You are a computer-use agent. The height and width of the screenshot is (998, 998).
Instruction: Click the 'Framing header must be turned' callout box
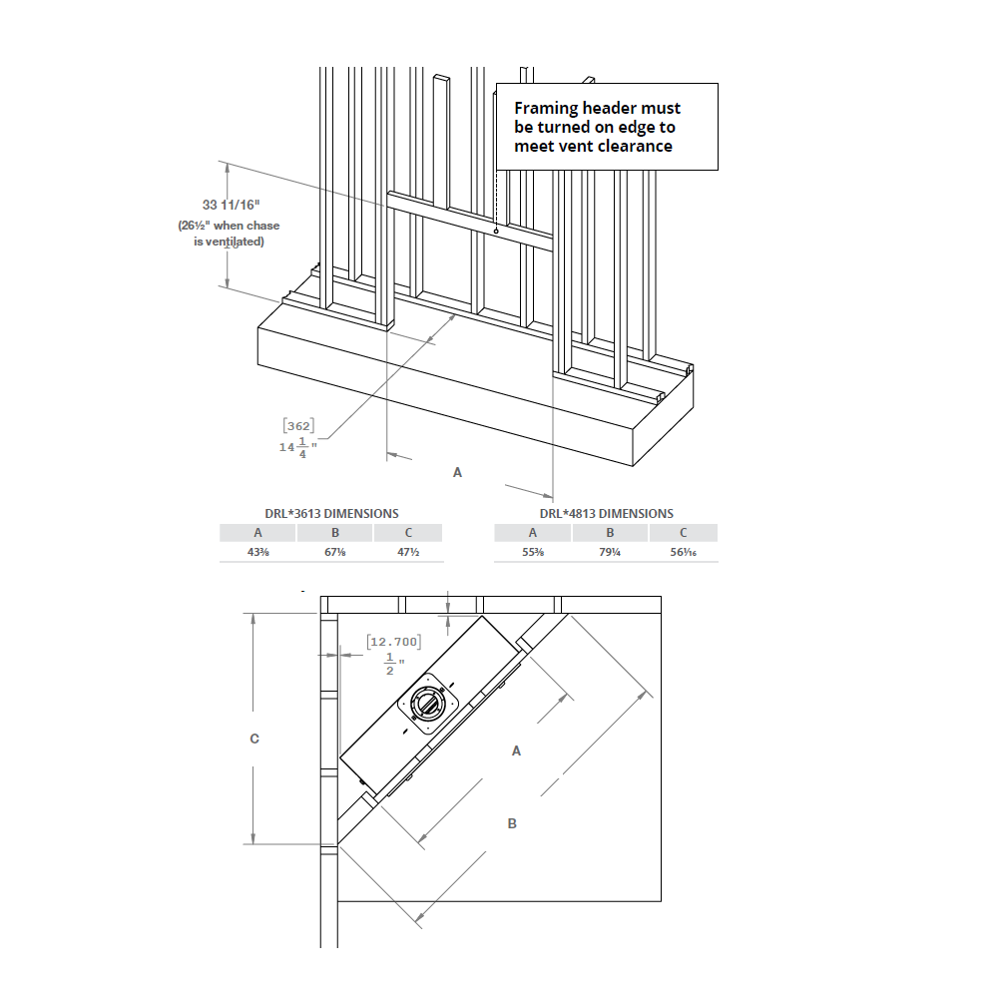(607, 127)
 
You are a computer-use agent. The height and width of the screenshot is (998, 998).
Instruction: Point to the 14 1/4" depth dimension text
(297, 447)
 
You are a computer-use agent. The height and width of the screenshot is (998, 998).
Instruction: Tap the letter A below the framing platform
(458, 472)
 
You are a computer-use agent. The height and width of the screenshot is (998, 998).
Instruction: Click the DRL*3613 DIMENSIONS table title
(330, 514)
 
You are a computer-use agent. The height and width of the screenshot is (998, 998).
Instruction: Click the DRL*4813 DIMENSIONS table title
(606, 514)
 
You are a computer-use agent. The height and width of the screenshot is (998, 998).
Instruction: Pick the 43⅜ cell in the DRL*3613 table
(257, 553)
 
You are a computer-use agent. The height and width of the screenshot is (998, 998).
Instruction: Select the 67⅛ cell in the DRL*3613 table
(334, 553)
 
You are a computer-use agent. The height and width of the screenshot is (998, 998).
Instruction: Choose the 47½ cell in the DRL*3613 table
(408, 553)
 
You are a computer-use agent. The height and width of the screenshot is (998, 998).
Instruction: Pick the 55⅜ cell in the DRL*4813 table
(532, 553)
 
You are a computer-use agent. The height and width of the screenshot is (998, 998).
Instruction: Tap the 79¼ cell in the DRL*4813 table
(610, 553)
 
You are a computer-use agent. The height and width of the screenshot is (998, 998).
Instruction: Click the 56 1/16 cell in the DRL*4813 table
(683, 553)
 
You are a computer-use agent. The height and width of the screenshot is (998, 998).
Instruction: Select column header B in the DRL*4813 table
(610, 533)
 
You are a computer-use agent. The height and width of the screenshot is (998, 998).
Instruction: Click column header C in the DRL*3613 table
(408, 533)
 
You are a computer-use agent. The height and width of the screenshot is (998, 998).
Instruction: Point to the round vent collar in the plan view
(428, 705)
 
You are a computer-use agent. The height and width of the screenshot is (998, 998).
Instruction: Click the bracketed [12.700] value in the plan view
(393, 642)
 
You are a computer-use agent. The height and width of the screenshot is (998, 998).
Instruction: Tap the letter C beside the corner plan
(254, 739)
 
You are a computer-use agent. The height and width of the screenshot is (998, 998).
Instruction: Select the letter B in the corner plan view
(512, 823)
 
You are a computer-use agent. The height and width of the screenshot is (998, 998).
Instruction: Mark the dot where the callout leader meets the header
(496, 233)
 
